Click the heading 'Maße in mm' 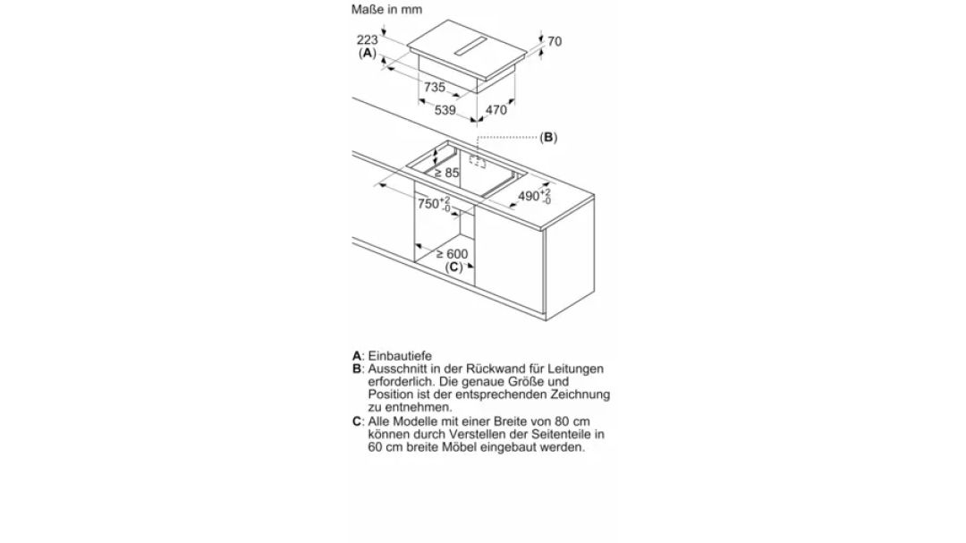[x=387, y=9]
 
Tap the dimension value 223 [x=368, y=39]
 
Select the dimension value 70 [x=555, y=41]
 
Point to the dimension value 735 [x=435, y=87]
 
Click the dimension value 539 [x=445, y=110]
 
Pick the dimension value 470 [x=496, y=110]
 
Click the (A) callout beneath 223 [x=368, y=53]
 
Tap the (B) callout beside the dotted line [x=548, y=138]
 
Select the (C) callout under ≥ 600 [x=454, y=267]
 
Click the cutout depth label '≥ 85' [x=446, y=174]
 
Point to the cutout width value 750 [x=428, y=203]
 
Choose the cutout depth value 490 [x=529, y=196]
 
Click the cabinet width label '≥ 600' [x=453, y=253]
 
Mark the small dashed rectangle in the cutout [x=478, y=161]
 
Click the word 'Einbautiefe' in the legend [x=400, y=356]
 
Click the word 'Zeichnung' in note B [x=580, y=394]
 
